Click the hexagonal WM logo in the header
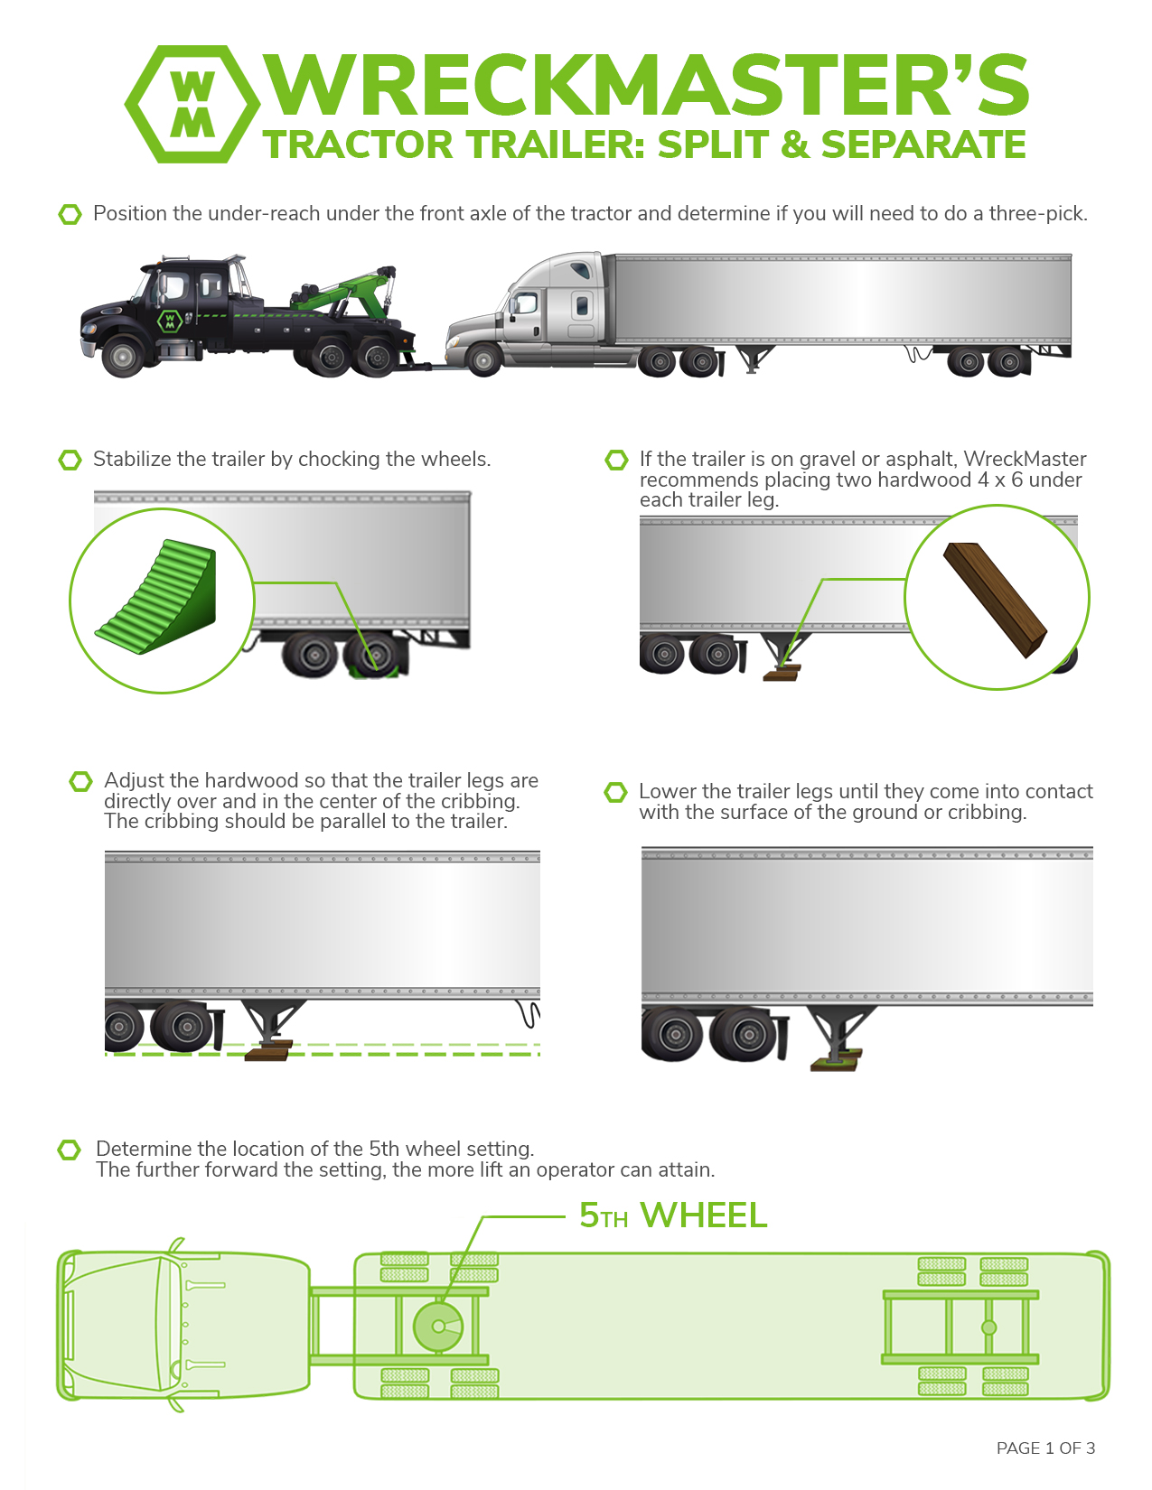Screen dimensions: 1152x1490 tap(192, 104)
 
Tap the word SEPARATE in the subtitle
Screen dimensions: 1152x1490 tap(923, 144)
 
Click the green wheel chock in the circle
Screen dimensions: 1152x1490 tap(157, 597)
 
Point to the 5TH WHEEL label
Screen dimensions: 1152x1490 tap(672, 1215)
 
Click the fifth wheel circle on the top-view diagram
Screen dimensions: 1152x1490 tap(438, 1327)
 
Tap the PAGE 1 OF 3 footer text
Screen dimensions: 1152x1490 tap(1045, 1448)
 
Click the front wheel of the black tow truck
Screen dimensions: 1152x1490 tap(124, 357)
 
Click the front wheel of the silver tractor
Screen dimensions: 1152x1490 tap(483, 359)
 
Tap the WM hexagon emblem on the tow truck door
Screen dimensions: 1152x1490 tap(169, 321)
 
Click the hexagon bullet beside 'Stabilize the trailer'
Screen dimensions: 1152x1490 tap(70, 460)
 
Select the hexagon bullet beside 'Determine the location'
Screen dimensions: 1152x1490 tap(70, 1150)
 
